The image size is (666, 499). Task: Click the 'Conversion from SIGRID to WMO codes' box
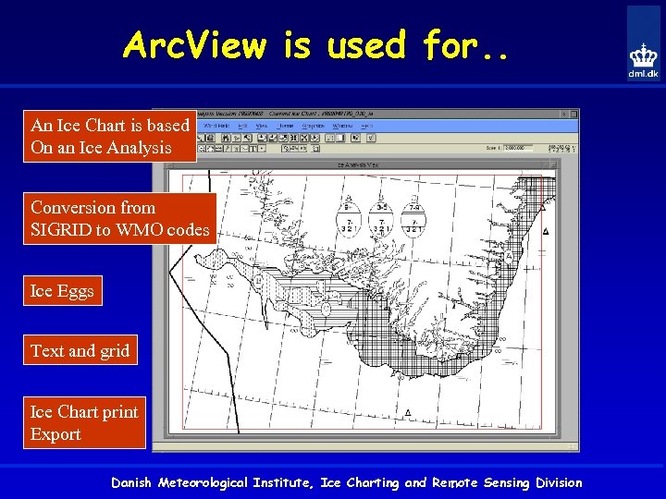click(119, 218)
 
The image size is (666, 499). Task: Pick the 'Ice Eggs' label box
click(62, 291)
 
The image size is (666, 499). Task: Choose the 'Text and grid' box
click(80, 350)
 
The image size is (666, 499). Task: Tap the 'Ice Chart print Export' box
click(84, 422)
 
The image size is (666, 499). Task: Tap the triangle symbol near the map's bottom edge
click(408, 412)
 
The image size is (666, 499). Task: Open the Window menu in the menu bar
click(342, 125)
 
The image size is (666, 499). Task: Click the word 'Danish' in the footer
click(133, 482)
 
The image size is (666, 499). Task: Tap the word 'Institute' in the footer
click(287, 482)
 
